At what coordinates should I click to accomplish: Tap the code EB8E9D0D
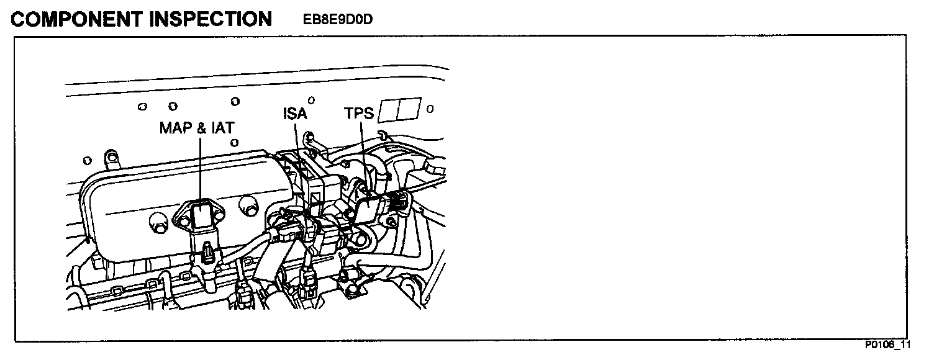click(337, 20)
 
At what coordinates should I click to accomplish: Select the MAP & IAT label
click(197, 127)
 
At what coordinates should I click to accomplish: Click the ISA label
click(295, 114)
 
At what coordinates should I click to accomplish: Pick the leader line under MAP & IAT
click(200, 168)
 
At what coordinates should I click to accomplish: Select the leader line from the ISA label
click(299, 161)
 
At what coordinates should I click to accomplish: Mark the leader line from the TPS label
click(363, 155)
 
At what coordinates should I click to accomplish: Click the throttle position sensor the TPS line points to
click(369, 205)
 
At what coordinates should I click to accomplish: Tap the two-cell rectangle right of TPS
click(401, 110)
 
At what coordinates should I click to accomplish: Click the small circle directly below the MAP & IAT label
click(234, 142)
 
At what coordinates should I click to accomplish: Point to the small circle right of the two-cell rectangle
click(430, 109)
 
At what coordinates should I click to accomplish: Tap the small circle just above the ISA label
click(311, 99)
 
